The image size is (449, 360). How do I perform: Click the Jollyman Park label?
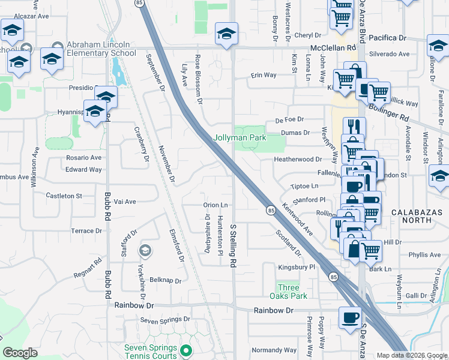240,137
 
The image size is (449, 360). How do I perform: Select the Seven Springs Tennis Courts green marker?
186,350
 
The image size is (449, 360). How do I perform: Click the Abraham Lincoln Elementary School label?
101,49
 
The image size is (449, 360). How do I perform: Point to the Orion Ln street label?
215,205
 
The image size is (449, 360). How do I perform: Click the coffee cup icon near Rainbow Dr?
350,319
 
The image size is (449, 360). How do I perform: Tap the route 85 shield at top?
140,3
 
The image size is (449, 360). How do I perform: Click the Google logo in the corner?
20,353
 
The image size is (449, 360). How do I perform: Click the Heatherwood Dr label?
298,160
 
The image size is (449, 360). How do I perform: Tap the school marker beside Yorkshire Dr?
144,250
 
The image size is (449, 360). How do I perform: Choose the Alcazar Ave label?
31,16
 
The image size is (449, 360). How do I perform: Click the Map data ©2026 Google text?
411,355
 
